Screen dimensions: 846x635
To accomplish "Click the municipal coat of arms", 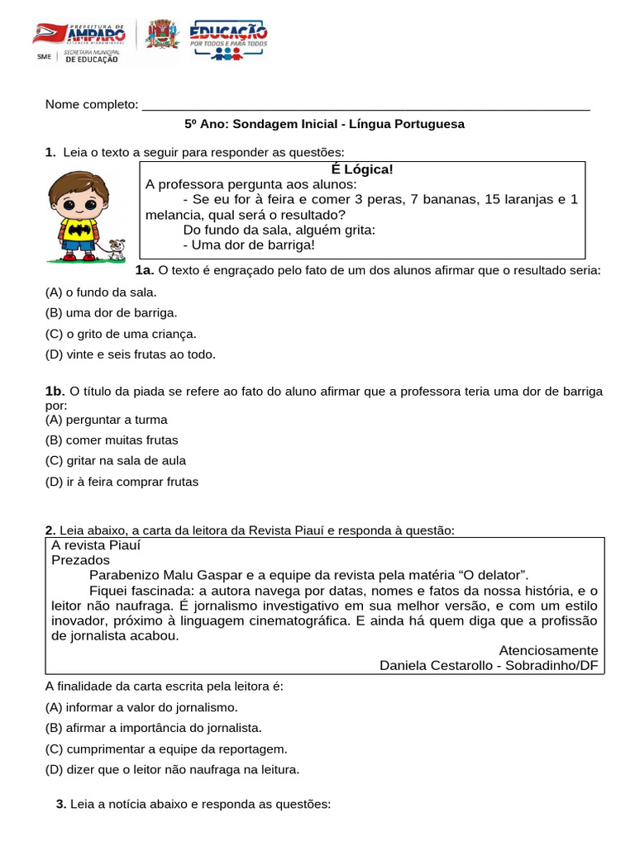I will click(161, 38).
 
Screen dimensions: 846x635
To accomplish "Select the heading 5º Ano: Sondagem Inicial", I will click(324, 124).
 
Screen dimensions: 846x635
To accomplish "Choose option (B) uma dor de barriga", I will click(111, 313).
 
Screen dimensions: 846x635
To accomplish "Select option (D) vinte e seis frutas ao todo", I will click(130, 354).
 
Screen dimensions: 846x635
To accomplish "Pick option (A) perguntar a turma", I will click(106, 420).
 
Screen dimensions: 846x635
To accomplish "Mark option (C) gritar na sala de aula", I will click(115, 461).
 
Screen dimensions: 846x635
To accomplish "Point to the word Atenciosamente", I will click(548, 650).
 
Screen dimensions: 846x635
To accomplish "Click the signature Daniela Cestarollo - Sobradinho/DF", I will click(488, 666).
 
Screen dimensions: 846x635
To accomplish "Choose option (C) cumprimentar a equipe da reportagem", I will click(165, 749).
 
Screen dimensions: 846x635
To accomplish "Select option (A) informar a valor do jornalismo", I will click(141, 707).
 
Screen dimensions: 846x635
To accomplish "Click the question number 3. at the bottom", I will click(61, 803).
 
